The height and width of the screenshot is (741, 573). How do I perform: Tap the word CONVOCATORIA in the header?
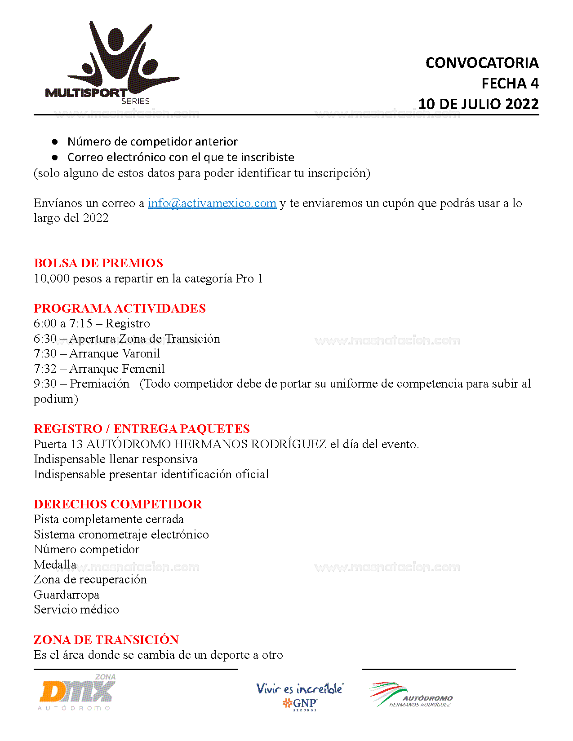[x=482, y=63]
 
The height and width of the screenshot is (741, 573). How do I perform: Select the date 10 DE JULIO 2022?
[x=478, y=104]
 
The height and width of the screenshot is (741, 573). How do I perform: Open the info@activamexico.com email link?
[x=212, y=203]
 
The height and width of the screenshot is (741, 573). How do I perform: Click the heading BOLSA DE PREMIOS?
[x=98, y=263]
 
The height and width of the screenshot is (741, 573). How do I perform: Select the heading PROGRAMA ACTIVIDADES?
[x=120, y=309]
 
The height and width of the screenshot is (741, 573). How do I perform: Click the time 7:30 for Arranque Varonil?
[x=45, y=353]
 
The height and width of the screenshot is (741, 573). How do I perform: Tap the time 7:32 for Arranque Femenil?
[x=45, y=369]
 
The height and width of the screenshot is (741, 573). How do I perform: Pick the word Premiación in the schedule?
[x=99, y=384]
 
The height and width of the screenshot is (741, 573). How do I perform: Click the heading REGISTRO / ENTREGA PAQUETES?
[x=142, y=429]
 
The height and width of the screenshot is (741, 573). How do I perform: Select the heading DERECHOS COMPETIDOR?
[x=118, y=504]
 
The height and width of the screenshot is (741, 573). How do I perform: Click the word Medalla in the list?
[x=55, y=565]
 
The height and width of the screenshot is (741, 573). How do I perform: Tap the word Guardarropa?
[x=67, y=595]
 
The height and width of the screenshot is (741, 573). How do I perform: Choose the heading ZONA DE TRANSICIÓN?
[x=106, y=640]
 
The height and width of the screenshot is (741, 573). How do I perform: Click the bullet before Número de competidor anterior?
[x=55, y=142]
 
